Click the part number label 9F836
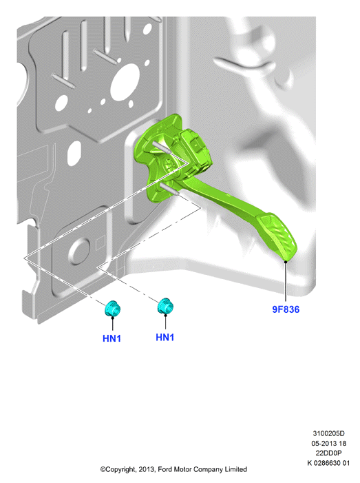286,309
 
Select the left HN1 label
112,338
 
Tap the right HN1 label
165,338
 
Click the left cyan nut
112,309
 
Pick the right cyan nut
165,306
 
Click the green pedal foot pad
277,236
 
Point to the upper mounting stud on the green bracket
162,147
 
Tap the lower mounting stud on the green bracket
169,189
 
